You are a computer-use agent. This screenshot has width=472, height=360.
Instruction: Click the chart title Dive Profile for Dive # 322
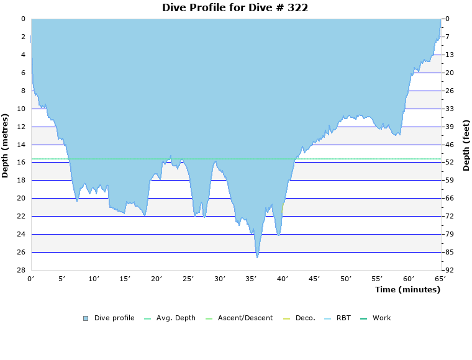[x=235, y=7]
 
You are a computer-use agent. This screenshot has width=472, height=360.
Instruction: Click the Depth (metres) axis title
[x=6, y=145]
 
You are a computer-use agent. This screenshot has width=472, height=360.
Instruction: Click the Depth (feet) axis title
[x=466, y=145]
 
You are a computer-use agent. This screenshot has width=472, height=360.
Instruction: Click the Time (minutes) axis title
[x=407, y=289]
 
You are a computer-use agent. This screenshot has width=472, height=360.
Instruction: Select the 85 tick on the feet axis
[x=449, y=252]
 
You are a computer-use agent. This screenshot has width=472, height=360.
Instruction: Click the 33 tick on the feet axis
[x=449, y=109]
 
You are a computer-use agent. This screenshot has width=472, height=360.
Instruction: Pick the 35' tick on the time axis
[x=252, y=279]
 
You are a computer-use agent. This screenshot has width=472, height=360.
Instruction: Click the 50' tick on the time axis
[x=346, y=279]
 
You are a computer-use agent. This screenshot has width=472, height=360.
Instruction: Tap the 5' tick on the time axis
[x=62, y=279]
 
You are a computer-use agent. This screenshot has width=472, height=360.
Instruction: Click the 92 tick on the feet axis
[x=449, y=270]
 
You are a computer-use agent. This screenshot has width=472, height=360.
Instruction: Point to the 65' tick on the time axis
[x=440, y=279]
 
